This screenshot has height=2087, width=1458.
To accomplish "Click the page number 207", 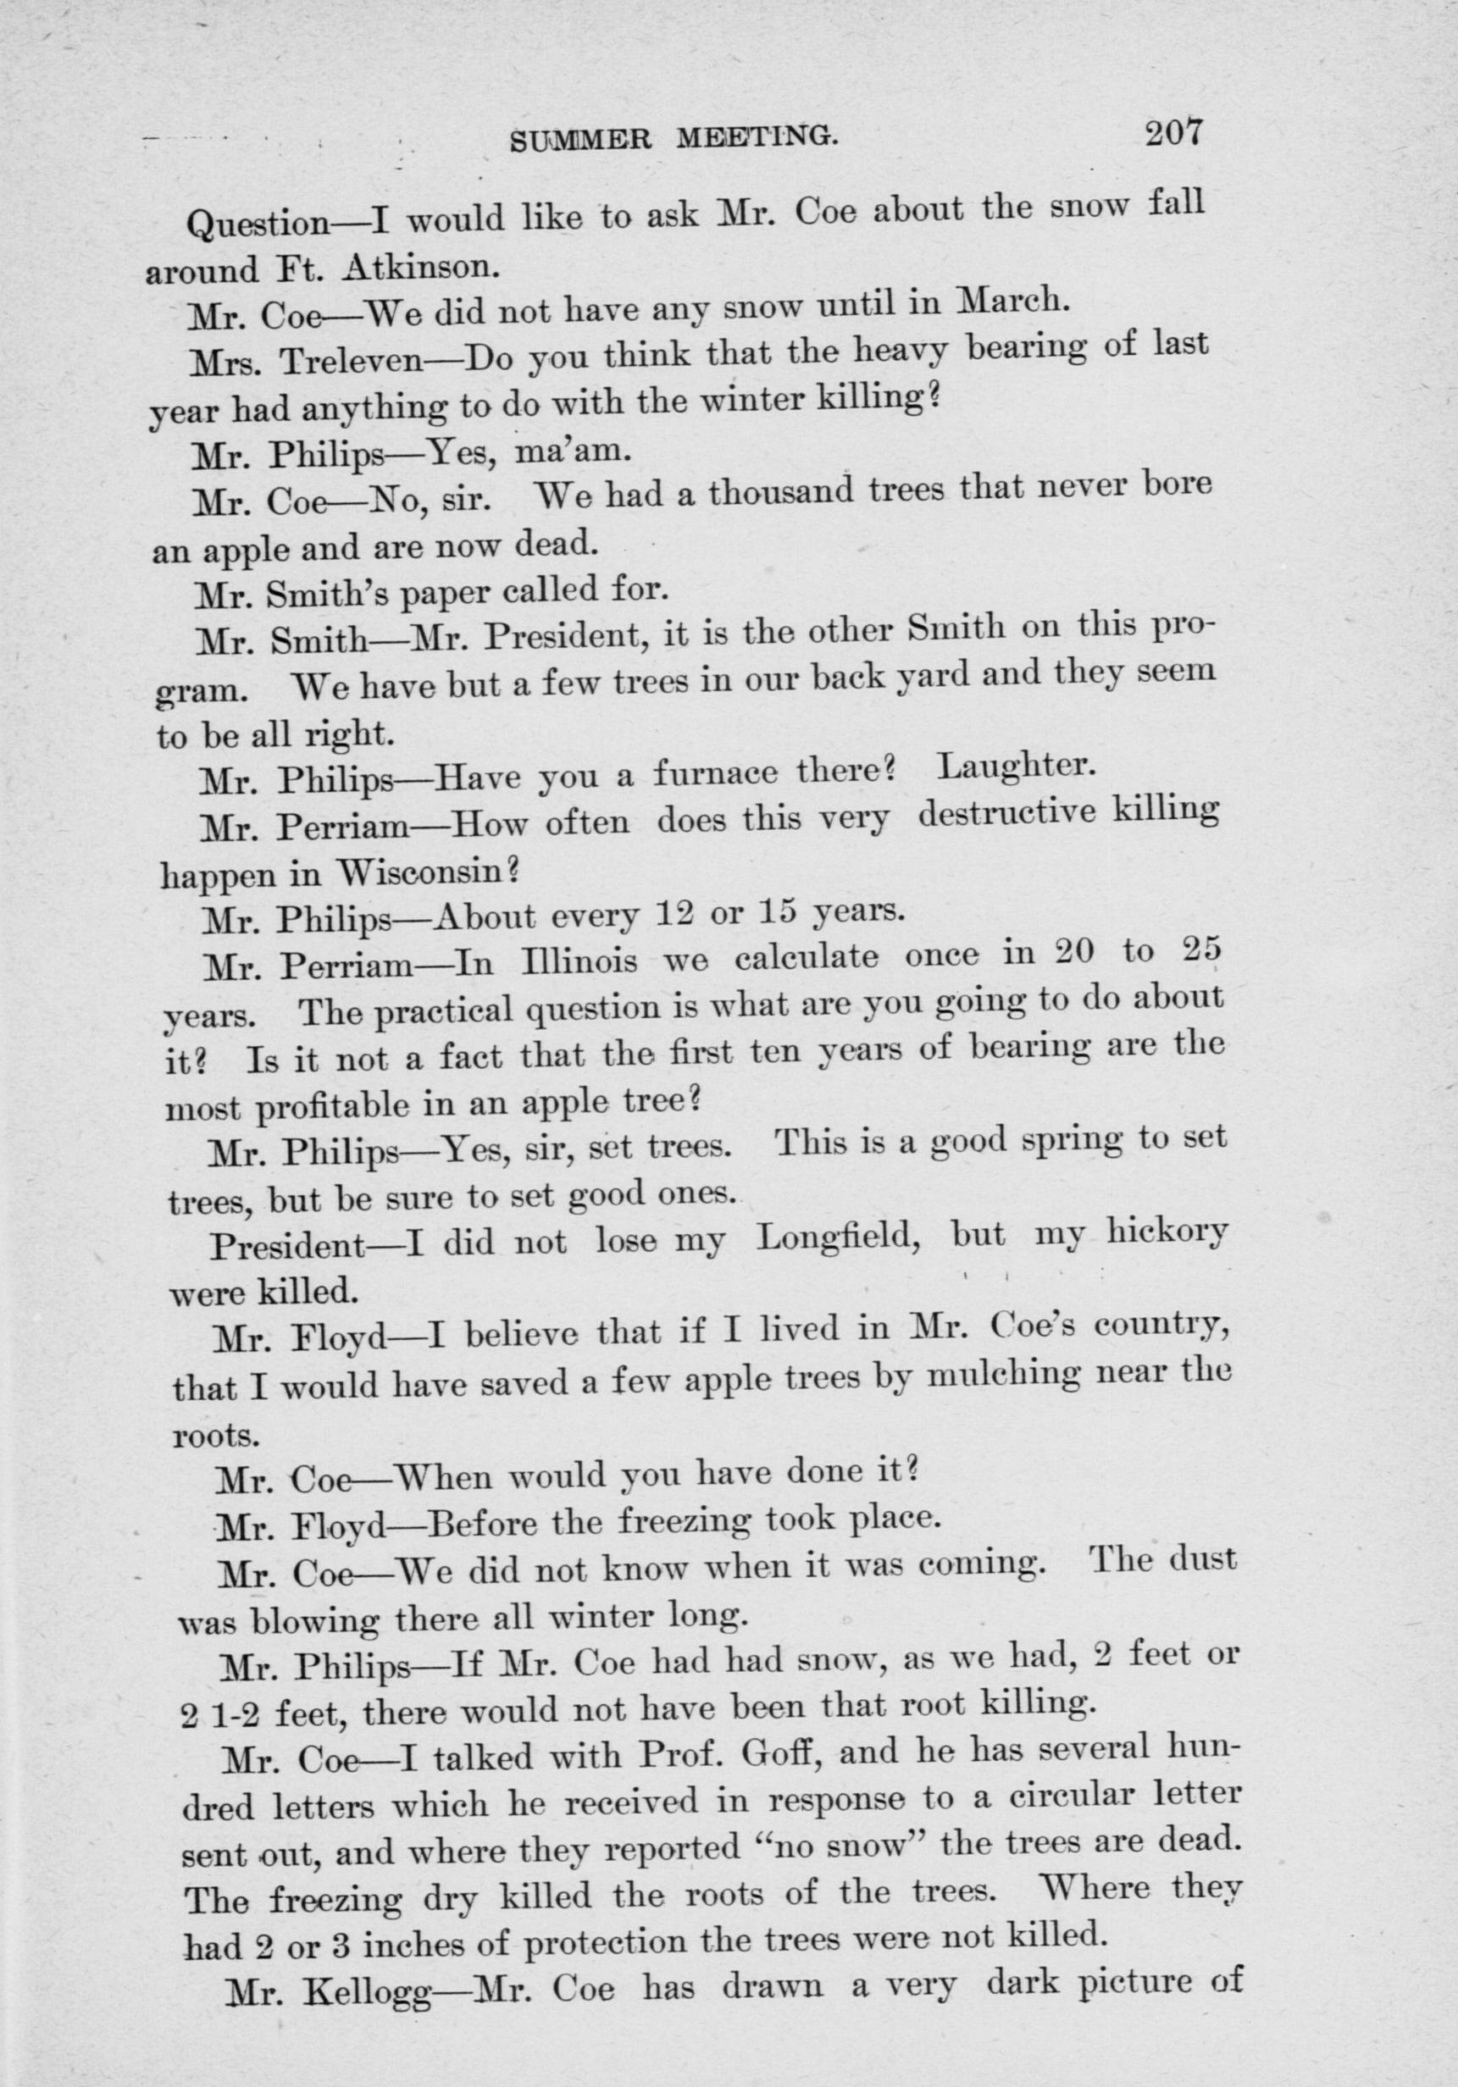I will pyautogui.click(x=1173, y=132).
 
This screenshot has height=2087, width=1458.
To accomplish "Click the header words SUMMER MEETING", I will pyautogui.click(x=674, y=138).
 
